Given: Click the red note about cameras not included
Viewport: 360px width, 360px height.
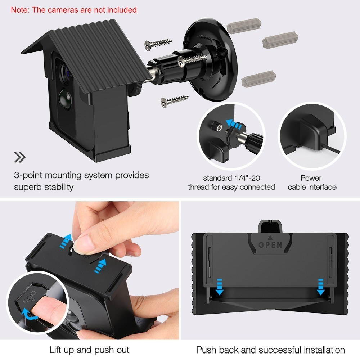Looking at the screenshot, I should (75, 10).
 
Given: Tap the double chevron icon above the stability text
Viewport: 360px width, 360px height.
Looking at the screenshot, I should (20, 157).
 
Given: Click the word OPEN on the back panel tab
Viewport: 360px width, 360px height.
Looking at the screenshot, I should (270, 244).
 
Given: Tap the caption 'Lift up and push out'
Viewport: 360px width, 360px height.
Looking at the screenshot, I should (89, 350).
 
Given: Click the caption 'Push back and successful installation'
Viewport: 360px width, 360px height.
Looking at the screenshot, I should (270, 350).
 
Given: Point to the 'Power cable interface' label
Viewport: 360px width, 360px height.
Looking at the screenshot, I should (312, 183).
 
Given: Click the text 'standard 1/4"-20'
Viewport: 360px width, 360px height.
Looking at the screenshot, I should (231, 178).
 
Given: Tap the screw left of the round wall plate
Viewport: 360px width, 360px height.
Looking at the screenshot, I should (157, 44).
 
